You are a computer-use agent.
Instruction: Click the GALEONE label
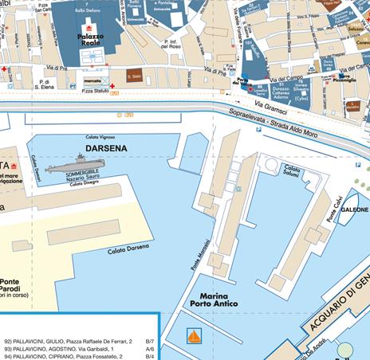(354, 220)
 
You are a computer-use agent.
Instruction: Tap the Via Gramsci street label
(270, 105)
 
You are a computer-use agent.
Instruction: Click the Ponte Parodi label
(10, 285)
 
